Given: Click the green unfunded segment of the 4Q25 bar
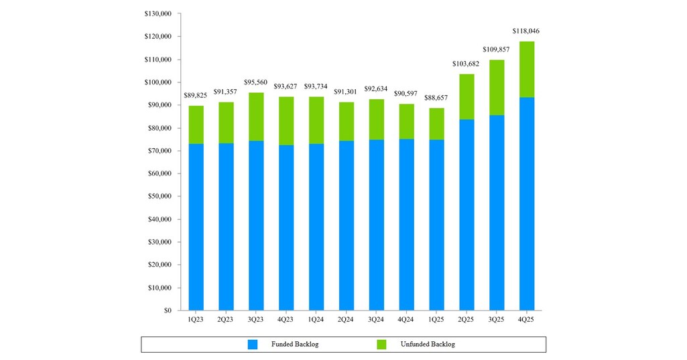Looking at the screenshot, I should (527, 70).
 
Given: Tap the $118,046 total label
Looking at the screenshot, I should (526, 31).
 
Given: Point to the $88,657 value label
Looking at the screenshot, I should (436, 98).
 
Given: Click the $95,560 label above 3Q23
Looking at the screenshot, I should (256, 82).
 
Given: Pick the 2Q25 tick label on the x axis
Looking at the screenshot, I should (466, 320).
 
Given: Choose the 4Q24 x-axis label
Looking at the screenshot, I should (406, 320).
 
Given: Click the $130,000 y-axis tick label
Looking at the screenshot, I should (158, 14).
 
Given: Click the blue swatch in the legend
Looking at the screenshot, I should (253, 344).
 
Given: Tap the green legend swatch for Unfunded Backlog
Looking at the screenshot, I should (381, 344).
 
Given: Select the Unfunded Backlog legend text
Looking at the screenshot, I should (427, 344).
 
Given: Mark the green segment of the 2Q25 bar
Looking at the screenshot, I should (466, 97).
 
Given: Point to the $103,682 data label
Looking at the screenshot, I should (466, 64).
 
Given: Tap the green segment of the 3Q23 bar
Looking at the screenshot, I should (256, 117).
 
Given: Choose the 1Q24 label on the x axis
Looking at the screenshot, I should (316, 320).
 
